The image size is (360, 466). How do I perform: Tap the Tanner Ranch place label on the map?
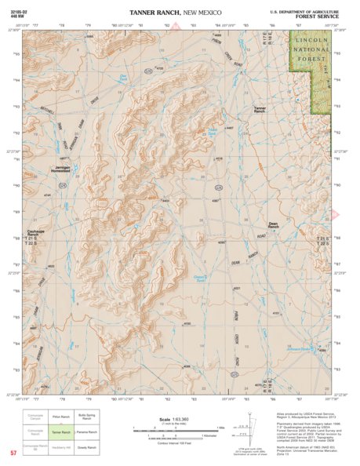tap(261, 109)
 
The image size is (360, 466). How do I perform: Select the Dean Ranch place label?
tap(274, 224)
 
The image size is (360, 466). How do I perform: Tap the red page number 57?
tap(13, 453)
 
